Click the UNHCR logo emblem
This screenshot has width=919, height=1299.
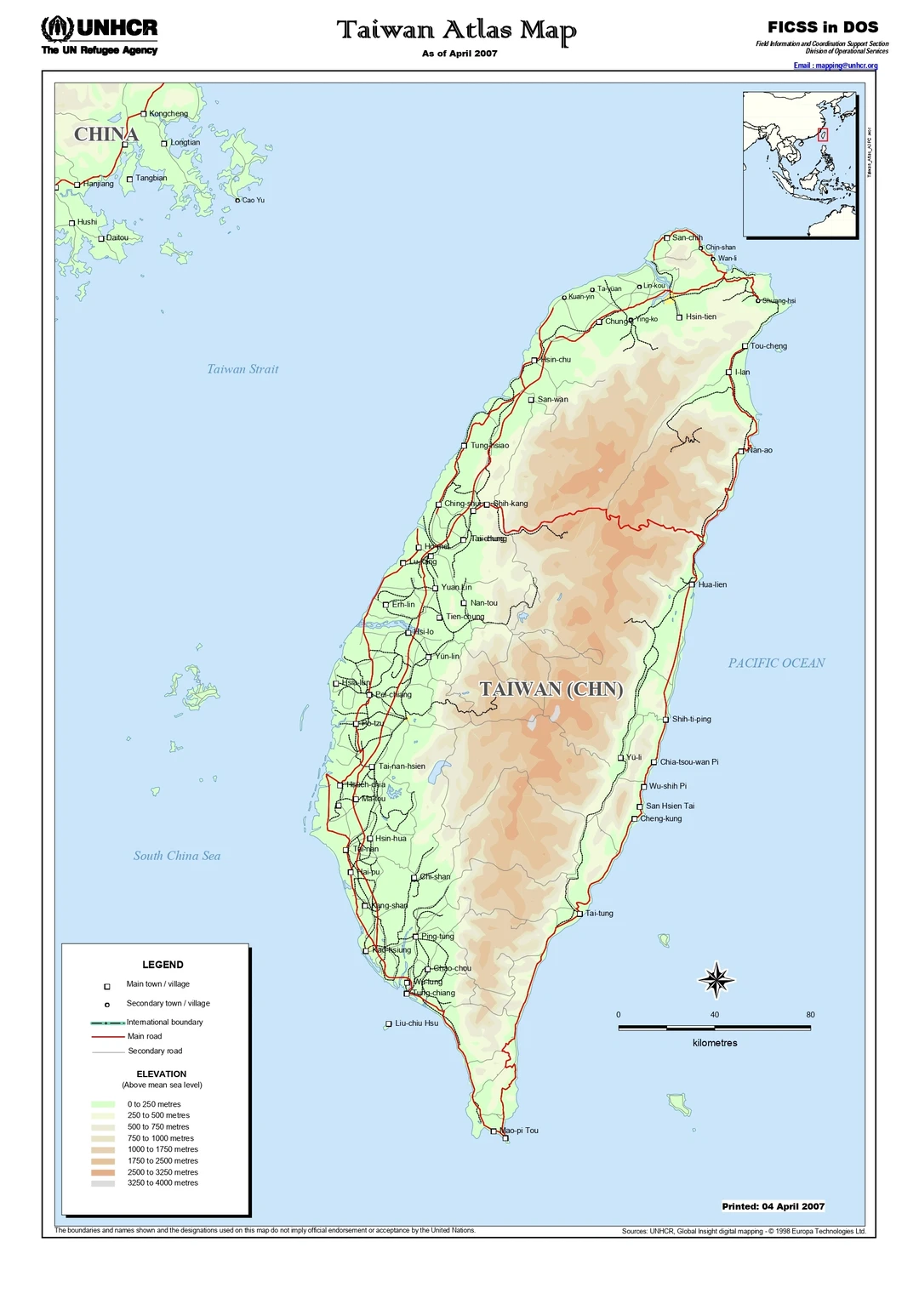pyautogui.click(x=57, y=28)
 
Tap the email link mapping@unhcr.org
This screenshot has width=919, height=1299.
pyautogui.click(x=835, y=66)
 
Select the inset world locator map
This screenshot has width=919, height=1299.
pyautogui.click(x=799, y=164)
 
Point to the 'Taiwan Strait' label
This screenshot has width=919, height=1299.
pyautogui.click(x=243, y=369)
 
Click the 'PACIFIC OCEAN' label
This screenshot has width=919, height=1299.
pyautogui.click(x=776, y=664)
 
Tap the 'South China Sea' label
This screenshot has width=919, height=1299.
pyautogui.click(x=177, y=856)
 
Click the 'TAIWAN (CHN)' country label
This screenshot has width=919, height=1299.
pyautogui.click(x=551, y=689)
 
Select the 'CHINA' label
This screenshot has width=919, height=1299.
pyautogui.click(x=106, y=134)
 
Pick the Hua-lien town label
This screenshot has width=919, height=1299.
pyautogui.click(x=712, y=584)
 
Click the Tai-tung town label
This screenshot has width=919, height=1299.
pyautogui.click(x=599, y=914)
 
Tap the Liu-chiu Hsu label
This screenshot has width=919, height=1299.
pyautogui.click(x=416, y=1023)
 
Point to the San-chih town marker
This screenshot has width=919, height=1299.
pyautogui.click(x=667, y=238)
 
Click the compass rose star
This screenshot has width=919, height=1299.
pyautogui.click(x=716, y=980)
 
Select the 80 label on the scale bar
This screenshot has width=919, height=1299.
pyautogui.click(x=810, y=1015)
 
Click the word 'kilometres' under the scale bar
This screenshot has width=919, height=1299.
pyautogui.click(x=715, y=1043)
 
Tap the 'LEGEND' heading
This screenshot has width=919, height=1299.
pyautogui.click(x=163, y=965)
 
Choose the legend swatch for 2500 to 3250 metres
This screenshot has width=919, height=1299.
pyautogui.click(x=103, y=1172)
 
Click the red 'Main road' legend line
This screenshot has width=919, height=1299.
pyautogui.click(x=108, y=1037)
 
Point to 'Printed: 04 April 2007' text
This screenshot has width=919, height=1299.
pyautogui.click(x=773, y=1206)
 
